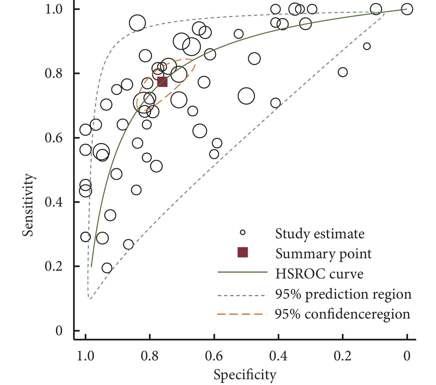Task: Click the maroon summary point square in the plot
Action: pyautogui.click(x=162, y=82)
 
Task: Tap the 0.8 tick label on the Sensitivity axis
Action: pyautogui.click(x=55, y=74)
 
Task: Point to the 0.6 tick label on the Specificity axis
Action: pyautogui.click(x=214, y=356)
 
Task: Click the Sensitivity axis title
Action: pyautogui.click(x=28, y=205)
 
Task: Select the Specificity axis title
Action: pyautogui.click(x=245, y=375)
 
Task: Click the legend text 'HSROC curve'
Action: pyautogui.click(x=319, y=274)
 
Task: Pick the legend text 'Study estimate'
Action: pyautogui.click(x=320, y=234)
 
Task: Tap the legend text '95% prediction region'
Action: pyautogui.click(x=343, y=294)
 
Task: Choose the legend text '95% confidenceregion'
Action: pyautogui.click(x=342, y=314)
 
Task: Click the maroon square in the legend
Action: pyautogui.click(x=243, y=252)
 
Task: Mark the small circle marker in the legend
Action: pyautogui.click(x=243, y=232)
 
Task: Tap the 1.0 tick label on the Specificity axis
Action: pyautogui.click(x=85, y=356)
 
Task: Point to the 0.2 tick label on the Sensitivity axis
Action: pyautogui.click(x=55, y=267)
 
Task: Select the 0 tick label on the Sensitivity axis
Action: pyautogui.click(x=59, y=331)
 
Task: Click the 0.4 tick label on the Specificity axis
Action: pyautogui.click(x=278, y=356)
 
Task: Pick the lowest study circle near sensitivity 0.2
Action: pyautogui.click(x=107, y=268)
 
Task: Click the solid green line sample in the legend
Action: pyautogui.click(x=242, y=272)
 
